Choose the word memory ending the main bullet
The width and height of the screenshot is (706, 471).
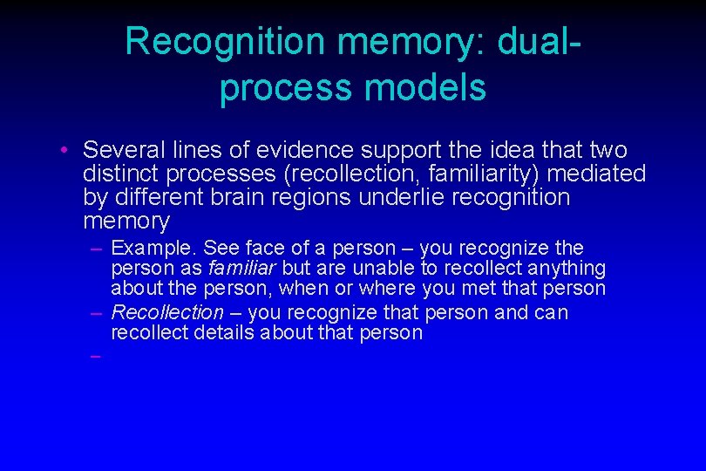(x=127, y=221)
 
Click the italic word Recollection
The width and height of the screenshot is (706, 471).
(x=167, y=312)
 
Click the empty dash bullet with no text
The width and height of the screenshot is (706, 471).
(x=94, y=355)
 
